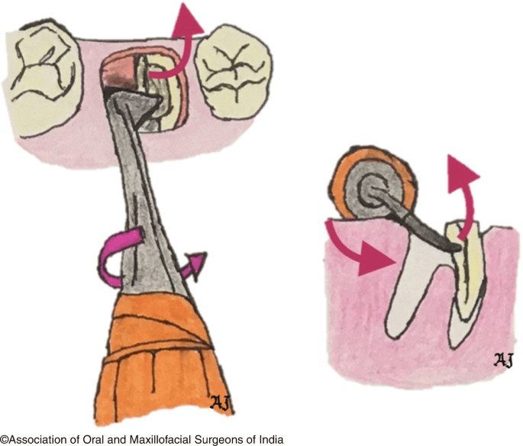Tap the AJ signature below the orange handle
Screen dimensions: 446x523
pyautogui.click(x=221, y=402)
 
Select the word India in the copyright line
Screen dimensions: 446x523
pyautogui.click(x=271, y=439)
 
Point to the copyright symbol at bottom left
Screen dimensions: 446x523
pyautogui.click(x=4, y=439)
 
